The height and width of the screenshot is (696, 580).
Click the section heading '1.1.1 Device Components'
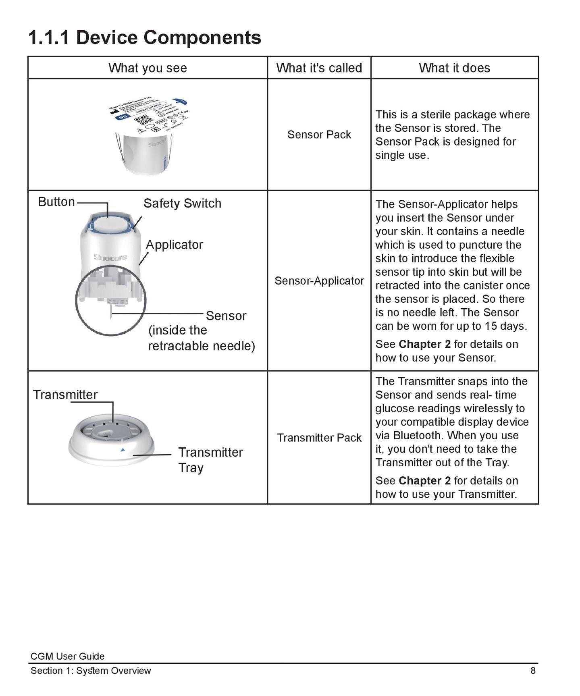(144, 37)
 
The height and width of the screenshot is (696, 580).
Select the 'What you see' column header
(148, 68)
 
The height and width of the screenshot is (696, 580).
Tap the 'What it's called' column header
(319, 68)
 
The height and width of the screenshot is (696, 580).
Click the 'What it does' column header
(454, 68)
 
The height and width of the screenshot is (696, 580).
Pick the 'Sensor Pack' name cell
(319, 135)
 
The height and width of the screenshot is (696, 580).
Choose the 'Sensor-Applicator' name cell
(319, 280)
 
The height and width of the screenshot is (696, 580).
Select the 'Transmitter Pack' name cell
(319, 438)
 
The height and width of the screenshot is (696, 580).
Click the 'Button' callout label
(56, 202)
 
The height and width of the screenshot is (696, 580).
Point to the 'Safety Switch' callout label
(182, 203)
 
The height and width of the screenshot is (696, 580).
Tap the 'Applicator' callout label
(174, 245)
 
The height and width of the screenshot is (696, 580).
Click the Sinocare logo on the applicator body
(110, 257)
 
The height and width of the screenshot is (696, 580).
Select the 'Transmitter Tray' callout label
(210, 460)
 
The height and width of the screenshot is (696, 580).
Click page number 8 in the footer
(533, 671)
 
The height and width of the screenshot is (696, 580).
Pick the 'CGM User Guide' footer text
(67, 656)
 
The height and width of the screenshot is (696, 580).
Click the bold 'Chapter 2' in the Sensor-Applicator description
(424, 344)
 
